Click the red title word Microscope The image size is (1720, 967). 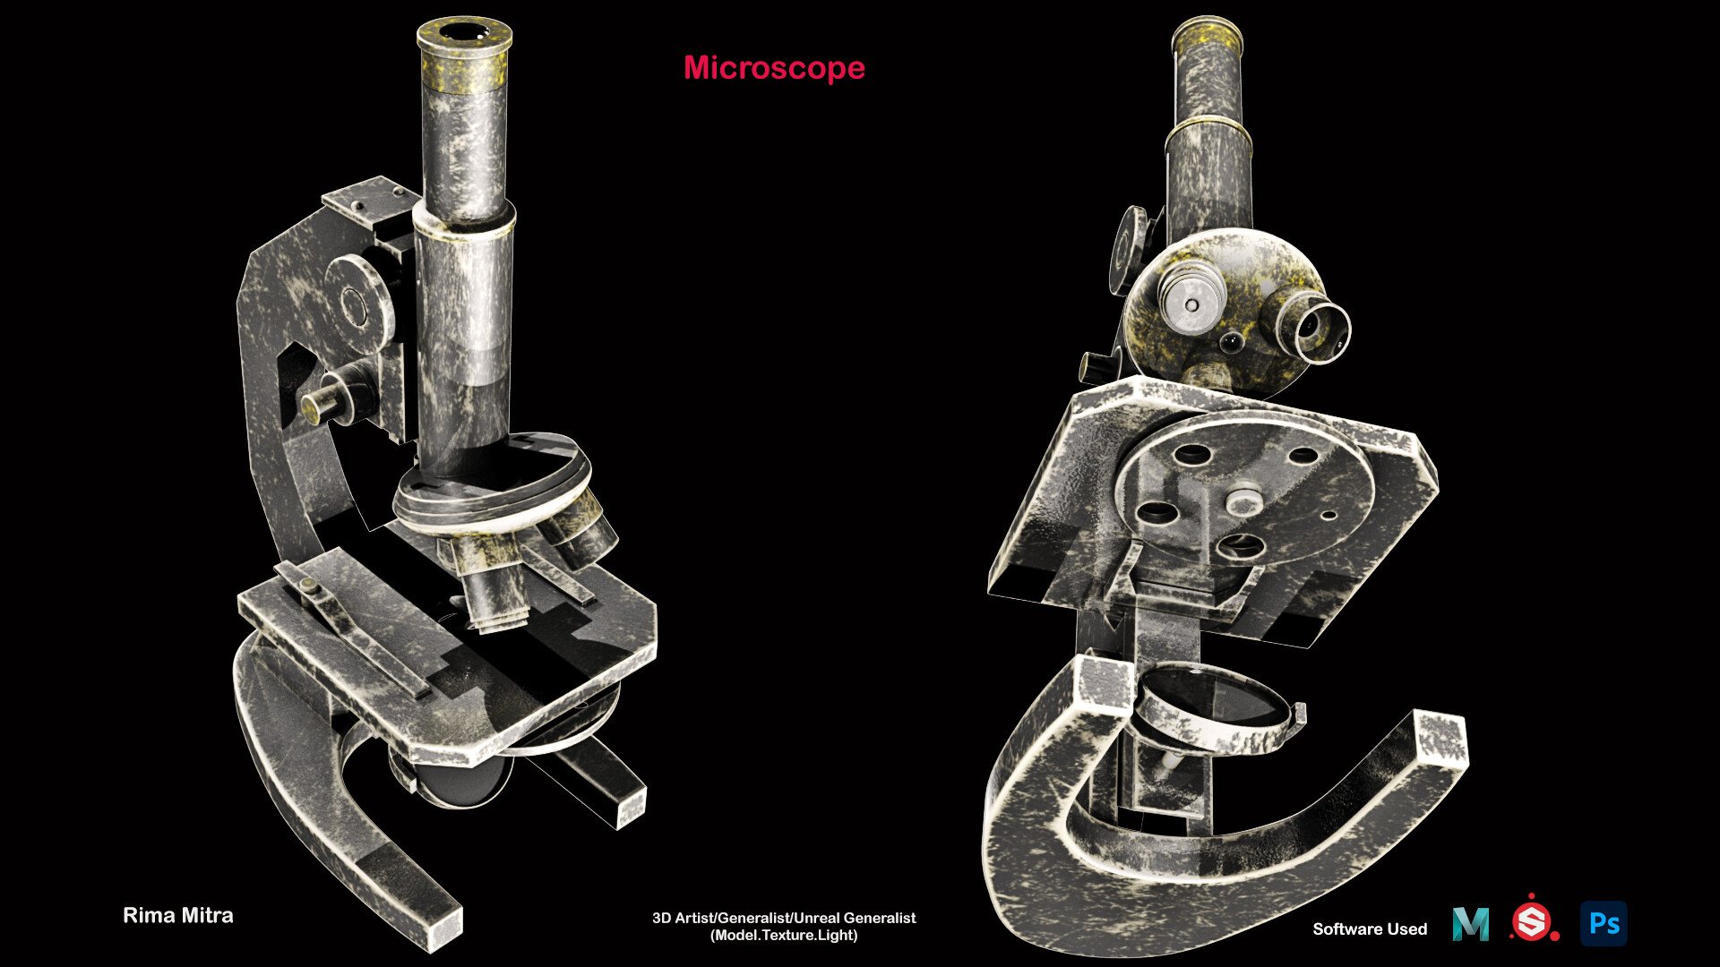tap(774, 68)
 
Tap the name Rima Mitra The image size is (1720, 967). tap(177, 915)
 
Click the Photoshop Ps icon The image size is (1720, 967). tap(1604, 923)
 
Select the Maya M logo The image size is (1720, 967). tap(1471, 924)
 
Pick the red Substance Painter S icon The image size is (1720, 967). tap(1532, 921)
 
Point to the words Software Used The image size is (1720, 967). tap(1370, 928)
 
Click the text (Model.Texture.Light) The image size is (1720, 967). tap(784, 936)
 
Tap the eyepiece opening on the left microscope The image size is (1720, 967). tap(463, 33)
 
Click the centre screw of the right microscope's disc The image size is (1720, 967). tap(1243, 499)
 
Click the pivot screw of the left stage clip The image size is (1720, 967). tap(309, 586)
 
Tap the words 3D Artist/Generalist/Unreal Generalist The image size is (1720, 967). tap(784, 918)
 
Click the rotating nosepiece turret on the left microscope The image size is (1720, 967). tap(493, 483)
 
